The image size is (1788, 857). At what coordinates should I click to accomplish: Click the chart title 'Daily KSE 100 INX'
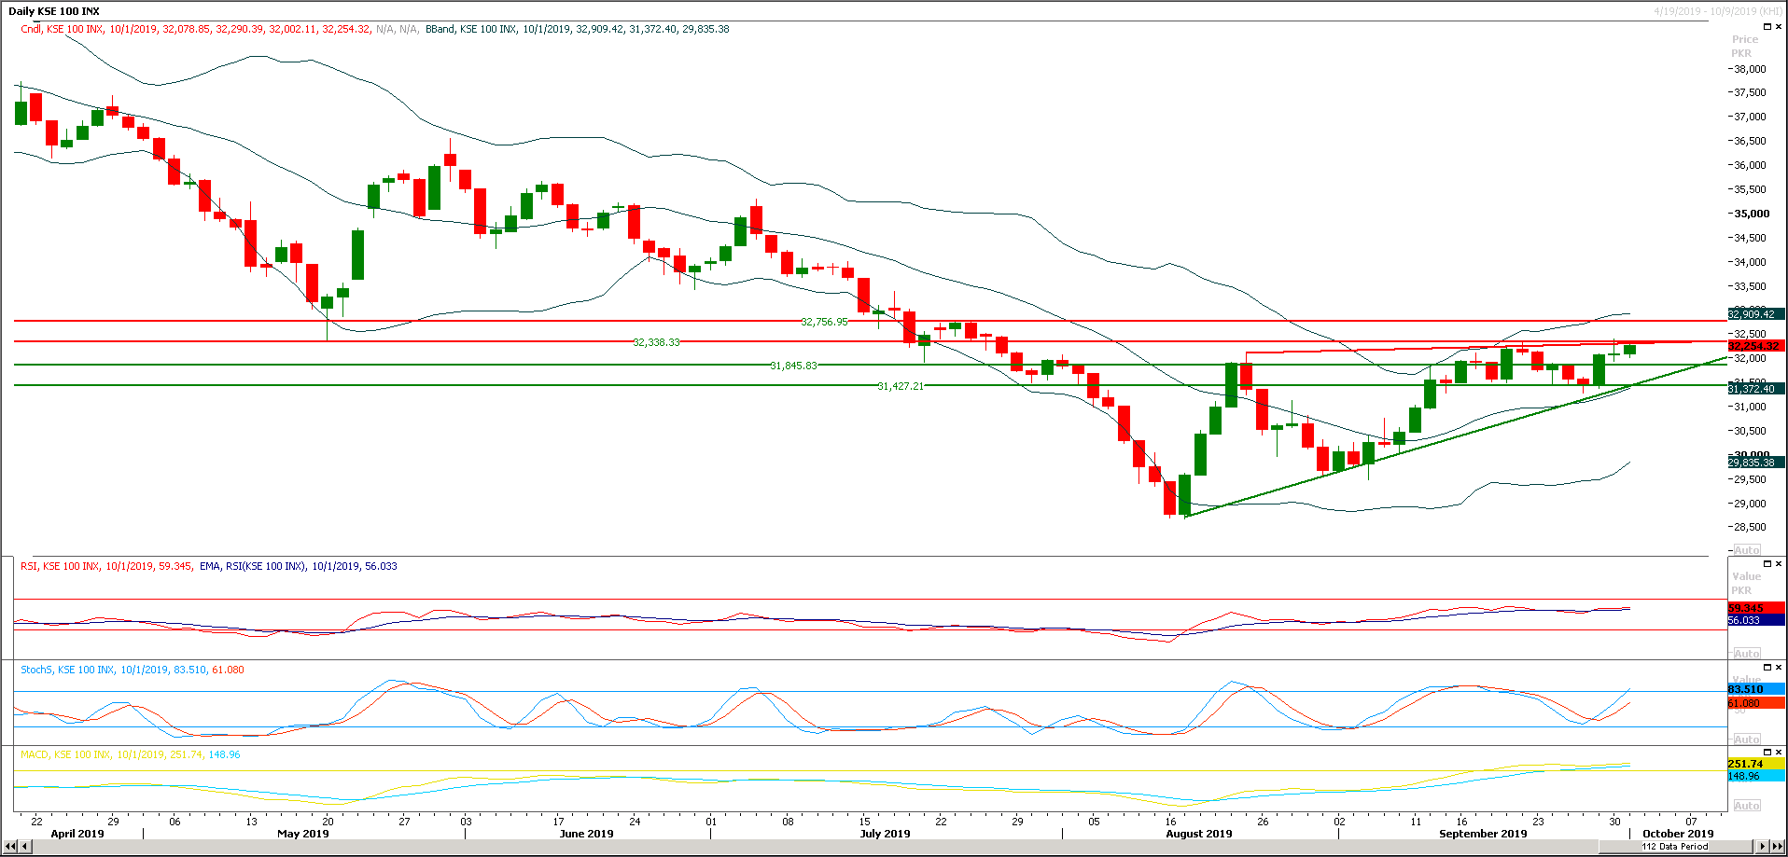click(x=54, y=11)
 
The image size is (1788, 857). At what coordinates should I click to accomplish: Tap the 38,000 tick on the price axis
click(x=1750, y=69)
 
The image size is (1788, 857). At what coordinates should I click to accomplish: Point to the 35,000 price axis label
click(x=1751, y=214)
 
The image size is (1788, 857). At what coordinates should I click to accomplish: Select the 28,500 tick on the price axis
click(x=1750, y=527)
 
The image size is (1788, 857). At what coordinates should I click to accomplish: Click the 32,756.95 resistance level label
click(x=824, y=322)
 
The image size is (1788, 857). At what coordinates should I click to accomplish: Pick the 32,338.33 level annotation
click(x=656, y=342)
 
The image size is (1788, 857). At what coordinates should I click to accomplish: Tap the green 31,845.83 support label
click(x=793, y=366)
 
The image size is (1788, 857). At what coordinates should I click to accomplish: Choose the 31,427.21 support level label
click(x=901, y=386)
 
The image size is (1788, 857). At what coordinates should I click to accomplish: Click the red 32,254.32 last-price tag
click(x=1753, y=346)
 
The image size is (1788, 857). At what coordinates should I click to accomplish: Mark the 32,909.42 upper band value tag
click(x=1753, y=314)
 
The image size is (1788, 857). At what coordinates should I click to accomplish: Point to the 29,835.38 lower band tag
click(x=1753, y=463)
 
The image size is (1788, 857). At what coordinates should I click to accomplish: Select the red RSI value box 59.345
click(x=1746, y=608)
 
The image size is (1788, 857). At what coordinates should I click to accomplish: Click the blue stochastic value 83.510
click(x=1746, y=689)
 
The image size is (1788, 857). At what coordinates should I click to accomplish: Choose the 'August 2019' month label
click(x=1198, y=834)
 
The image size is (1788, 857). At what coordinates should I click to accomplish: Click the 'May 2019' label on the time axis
click(x=303, y=834)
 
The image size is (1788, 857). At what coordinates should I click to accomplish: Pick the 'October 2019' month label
click(x=1678, y=834)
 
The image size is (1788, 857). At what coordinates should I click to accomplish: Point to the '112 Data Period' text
click(x=1675, y=847)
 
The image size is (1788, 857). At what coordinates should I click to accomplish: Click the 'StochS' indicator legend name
click(x=36, y=670)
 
